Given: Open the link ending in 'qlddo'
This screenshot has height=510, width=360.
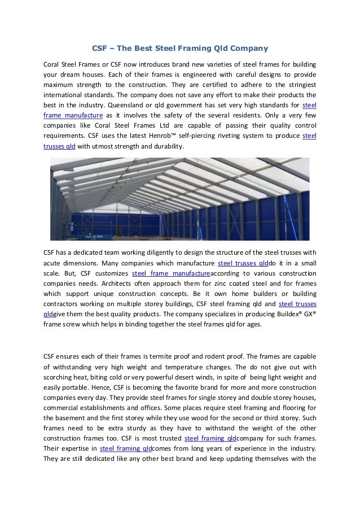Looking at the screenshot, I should click(243, 264).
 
